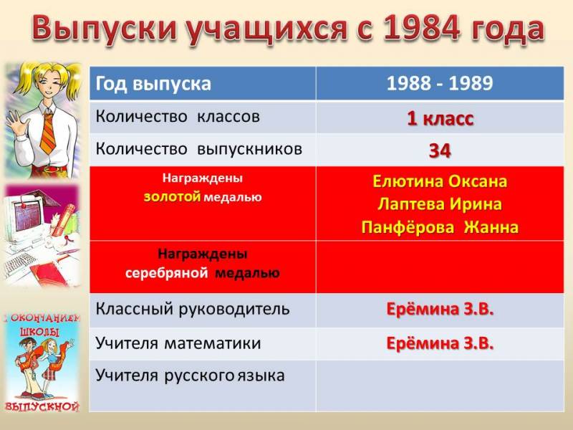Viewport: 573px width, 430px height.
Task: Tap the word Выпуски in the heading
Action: click(x=104, y=28)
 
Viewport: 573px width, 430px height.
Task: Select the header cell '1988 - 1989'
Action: click(x=440, y=83)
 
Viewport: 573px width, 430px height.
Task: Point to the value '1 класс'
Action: click(x=440, y=118)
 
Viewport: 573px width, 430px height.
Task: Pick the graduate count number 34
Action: click(x=440, y=150)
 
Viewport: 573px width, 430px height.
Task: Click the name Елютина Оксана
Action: click(x=440, y=181)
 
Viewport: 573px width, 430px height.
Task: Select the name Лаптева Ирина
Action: click(x=440, y=204)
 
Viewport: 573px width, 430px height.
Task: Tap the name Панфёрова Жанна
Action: click(x=440, y=227)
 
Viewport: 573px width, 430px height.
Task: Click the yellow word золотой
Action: click(x=172, y=197)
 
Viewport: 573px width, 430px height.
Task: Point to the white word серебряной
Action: click(x=167, y=273)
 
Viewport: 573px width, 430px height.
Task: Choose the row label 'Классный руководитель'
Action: click(x=193, y=310)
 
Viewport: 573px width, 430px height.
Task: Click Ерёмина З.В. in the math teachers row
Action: click(x=440, y=343)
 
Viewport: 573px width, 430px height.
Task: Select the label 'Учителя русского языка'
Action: click(x=190, y=376)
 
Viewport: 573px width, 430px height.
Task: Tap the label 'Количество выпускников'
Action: click(x=199, y=149)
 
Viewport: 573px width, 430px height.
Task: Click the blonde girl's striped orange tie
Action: click(x=48, y=133)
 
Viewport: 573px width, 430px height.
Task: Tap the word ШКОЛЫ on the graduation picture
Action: click(x=39, y=332)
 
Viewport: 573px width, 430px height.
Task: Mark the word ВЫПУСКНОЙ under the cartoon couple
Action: click(x=42, y=406)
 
